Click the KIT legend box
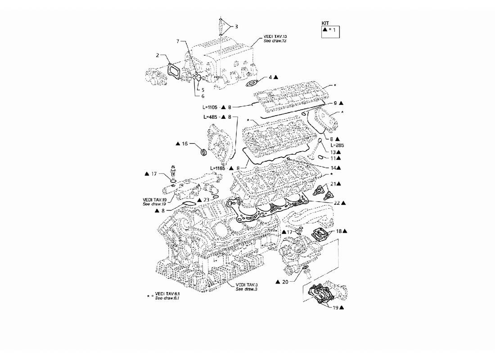pos(331,31)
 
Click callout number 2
pos(157,56)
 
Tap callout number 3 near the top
pos(236,27)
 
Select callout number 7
pos(178,41)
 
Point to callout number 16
pos(184,144)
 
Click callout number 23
pos(206,200)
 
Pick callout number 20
pos(285,282)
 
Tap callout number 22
pos(337,203)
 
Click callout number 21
pos(333,184)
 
